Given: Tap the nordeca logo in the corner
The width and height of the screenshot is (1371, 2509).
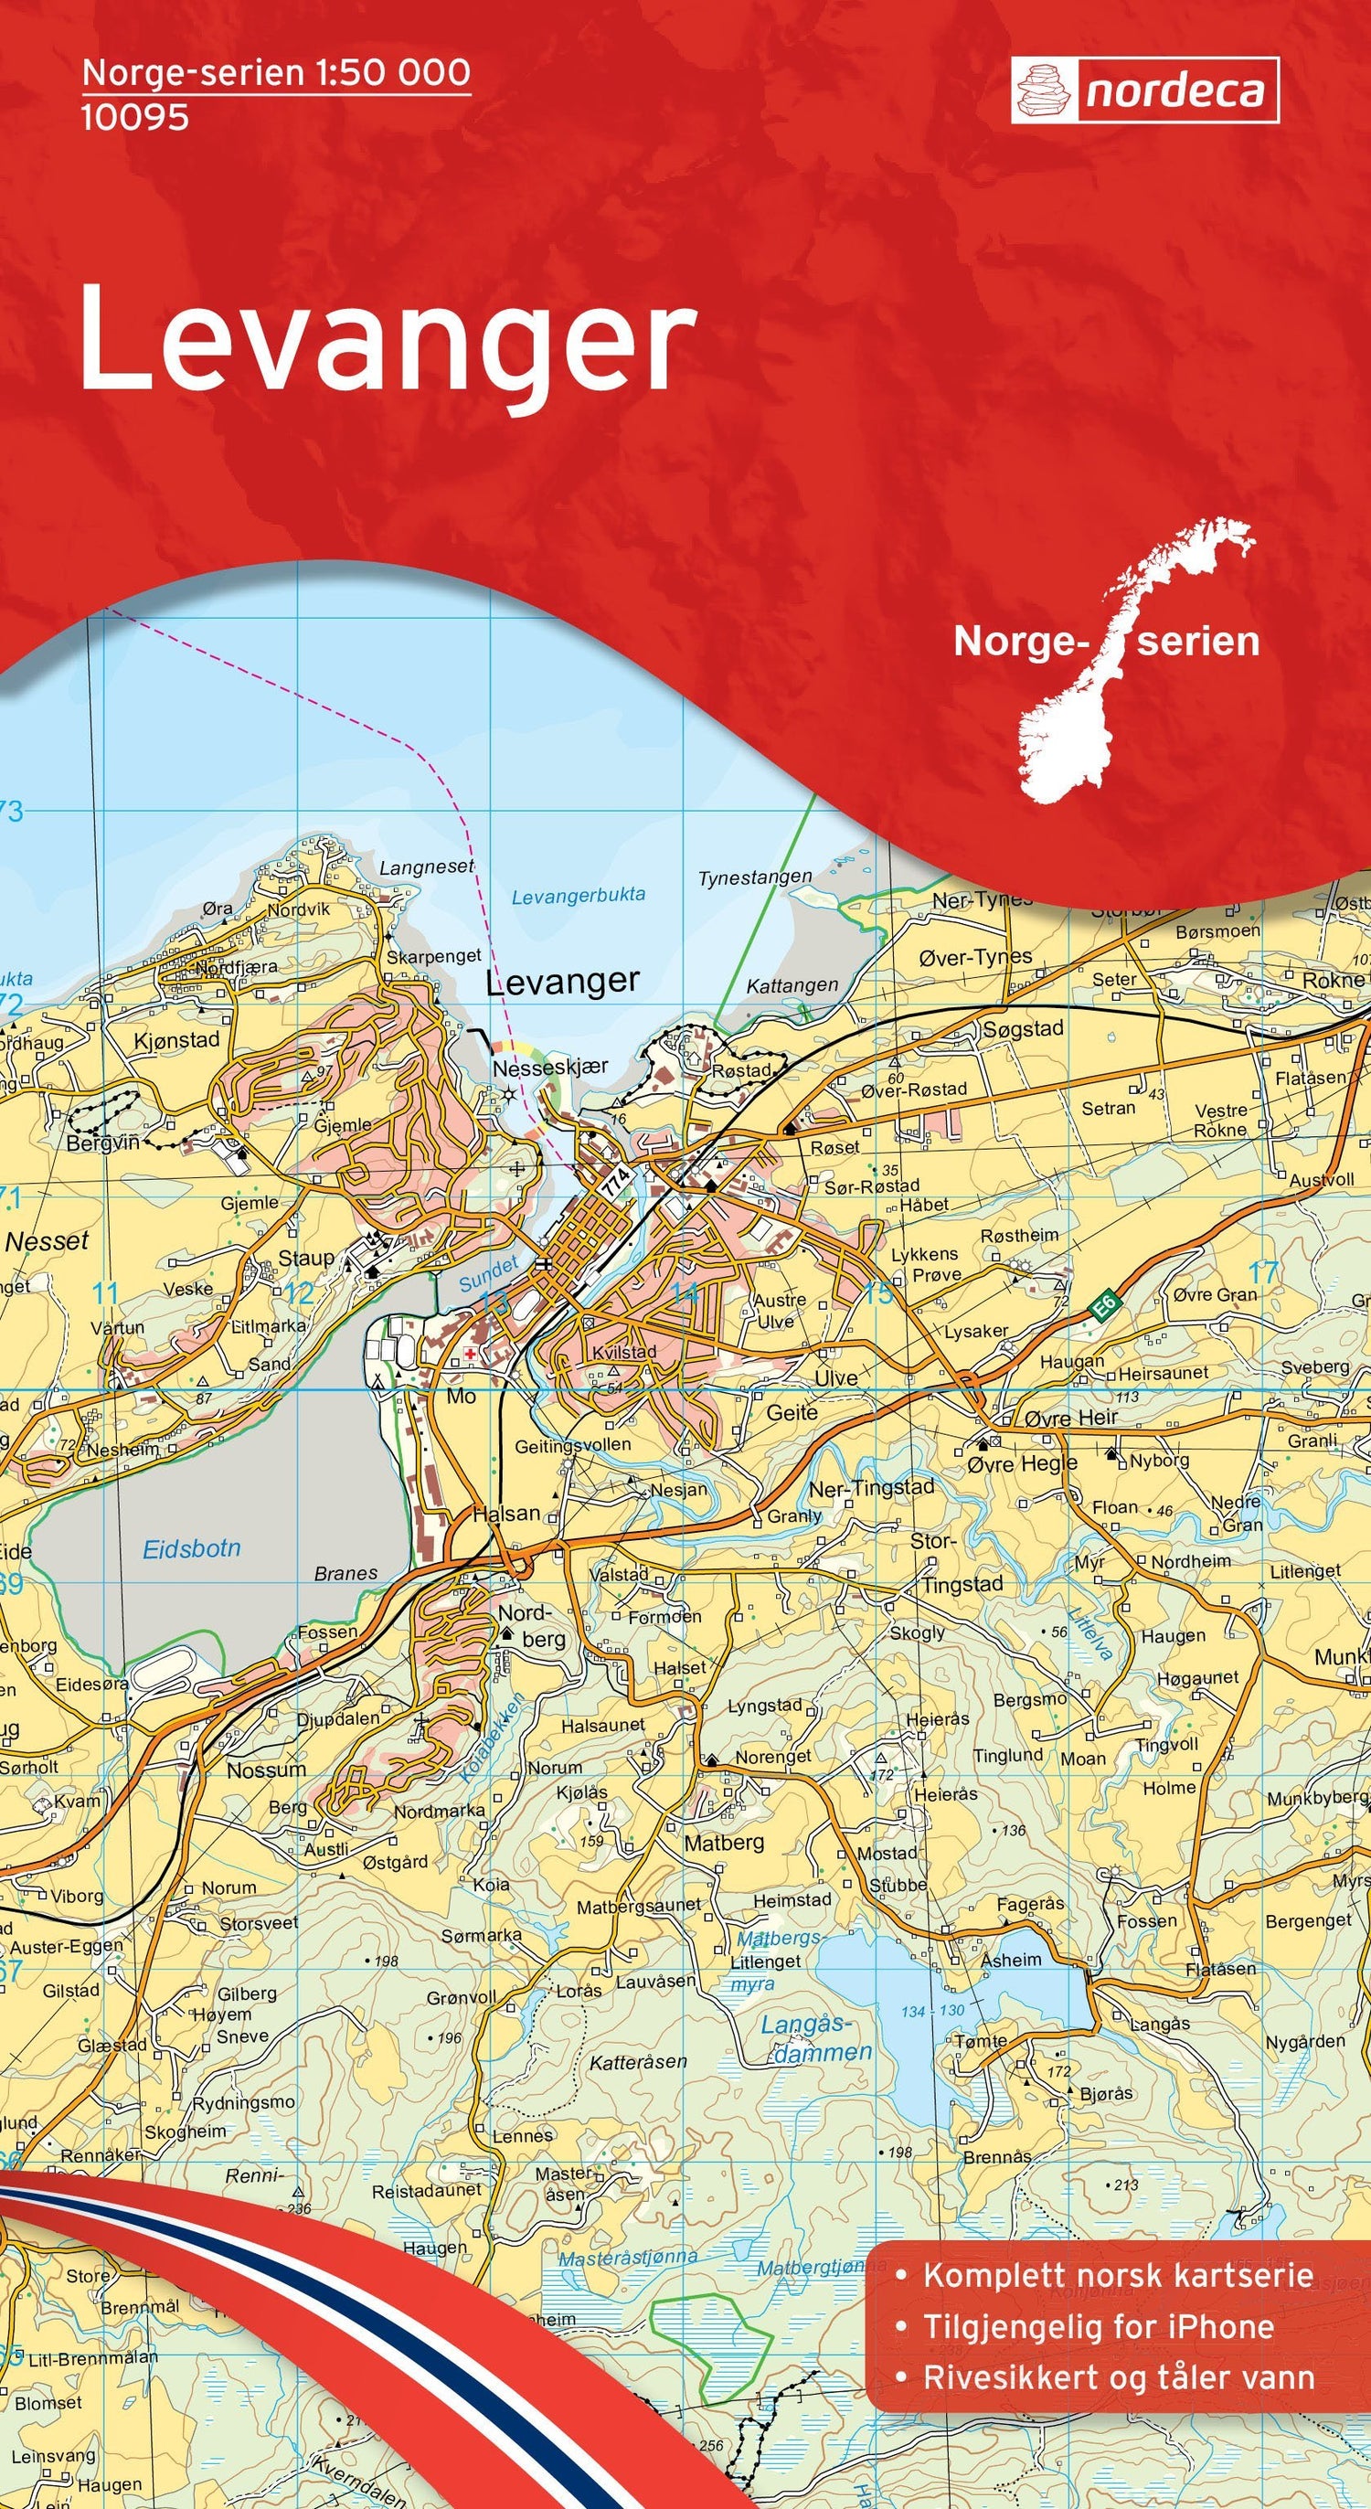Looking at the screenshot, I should [1144, 90].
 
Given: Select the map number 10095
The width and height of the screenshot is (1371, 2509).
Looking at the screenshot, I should [135, 118].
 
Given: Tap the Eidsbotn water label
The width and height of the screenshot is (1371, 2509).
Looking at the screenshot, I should [192, 1547].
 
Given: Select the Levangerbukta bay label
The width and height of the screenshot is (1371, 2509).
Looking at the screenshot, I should [579, 895].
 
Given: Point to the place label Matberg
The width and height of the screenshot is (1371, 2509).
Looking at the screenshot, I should [724, 1837].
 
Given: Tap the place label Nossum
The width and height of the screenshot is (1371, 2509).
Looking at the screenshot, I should [266, 1766].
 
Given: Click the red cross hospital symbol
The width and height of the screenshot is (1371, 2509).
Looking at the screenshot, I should [471, 1353].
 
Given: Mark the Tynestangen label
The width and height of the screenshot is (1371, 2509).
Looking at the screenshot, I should [755, 877].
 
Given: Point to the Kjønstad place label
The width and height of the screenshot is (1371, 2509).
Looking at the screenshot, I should [176, 1040].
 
